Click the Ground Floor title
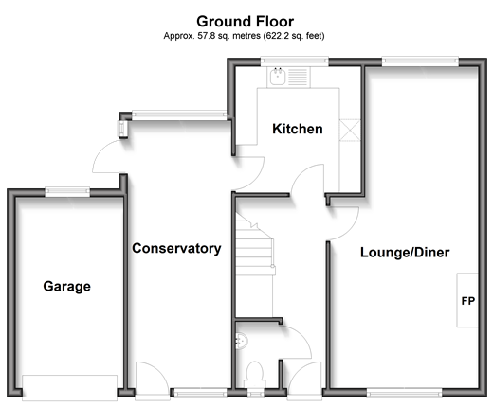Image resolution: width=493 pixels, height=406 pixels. (x=245, y=22)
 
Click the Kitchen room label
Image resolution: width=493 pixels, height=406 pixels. (x=298, y=129)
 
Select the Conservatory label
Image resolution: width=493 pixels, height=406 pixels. (x=176, y=248)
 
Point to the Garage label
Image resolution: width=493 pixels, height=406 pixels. (x=67, y=287)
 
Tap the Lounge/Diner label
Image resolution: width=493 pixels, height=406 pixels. (x=405, y=253)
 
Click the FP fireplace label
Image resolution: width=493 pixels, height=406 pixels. (x=468, y=301)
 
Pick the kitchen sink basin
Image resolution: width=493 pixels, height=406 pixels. (x=278, y=77)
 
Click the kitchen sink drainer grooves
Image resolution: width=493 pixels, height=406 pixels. (x=298, y=77)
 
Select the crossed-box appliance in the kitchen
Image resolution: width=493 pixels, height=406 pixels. (x=350, y=131)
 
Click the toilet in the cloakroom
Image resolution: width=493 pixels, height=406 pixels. (x=255, y=375)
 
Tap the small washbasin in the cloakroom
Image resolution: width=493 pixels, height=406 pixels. (x=242, y=341)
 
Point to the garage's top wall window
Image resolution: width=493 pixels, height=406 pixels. (x=67, y=191)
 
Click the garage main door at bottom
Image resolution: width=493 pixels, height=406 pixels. (x=70, y=388)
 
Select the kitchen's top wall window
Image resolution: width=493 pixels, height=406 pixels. (x=295, y=62)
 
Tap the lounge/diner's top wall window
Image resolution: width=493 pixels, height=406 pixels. (x=420, y=62)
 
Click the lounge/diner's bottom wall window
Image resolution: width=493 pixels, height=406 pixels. (x=404, y=393)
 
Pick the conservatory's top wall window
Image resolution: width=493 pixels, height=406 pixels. (x=179, y=115)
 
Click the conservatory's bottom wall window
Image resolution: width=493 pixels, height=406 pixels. (x=200, y=393)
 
